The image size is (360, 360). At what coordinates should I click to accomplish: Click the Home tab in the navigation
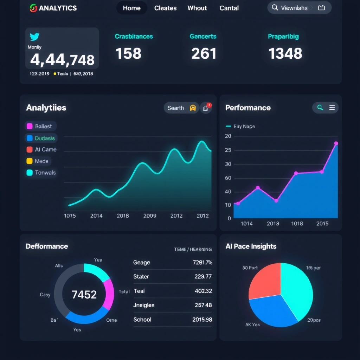132,8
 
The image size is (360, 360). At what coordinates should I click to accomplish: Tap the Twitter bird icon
34,37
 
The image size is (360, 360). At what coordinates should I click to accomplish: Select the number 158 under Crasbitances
128,54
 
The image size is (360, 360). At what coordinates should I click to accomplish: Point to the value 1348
285,54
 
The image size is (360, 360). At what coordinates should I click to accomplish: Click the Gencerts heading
203,37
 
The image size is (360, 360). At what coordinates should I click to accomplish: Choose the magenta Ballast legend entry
40,126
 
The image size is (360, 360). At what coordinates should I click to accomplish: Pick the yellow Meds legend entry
38,161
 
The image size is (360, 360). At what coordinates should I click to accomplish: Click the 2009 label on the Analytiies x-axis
150,216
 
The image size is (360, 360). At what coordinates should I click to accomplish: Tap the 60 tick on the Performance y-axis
228,178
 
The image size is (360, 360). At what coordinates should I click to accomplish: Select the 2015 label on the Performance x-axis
322,224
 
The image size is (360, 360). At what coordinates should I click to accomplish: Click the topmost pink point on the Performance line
336,143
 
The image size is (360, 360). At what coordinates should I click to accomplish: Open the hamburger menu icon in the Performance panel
332,108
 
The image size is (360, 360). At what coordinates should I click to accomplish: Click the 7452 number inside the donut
84,295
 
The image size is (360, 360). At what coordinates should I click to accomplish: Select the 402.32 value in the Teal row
203,291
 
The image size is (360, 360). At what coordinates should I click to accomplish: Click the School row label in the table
142,320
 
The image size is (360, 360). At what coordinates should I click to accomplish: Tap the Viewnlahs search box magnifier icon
275,8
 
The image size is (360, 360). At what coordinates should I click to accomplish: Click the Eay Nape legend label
244,127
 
